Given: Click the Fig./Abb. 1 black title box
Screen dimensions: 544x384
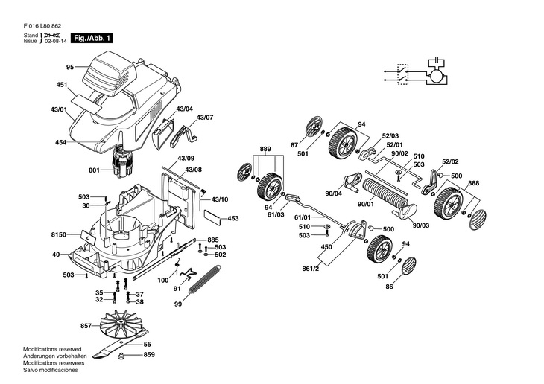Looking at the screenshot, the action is tap(92, 38).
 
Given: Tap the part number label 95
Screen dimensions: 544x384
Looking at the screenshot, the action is tap(70, 67).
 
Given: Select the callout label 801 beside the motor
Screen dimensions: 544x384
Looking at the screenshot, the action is tap(94, 170).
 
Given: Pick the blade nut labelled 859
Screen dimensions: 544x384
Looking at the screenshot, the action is tap(121, 355).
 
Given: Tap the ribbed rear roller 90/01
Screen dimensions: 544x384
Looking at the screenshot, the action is tap(384, 193).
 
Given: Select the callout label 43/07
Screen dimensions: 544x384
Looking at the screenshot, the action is tap(205, 118).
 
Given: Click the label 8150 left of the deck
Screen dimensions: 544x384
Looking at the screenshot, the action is tap(59, 234).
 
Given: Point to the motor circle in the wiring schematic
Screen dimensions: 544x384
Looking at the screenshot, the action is tap(436, 75).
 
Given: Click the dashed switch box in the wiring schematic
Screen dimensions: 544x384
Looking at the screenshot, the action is tap(403, 74).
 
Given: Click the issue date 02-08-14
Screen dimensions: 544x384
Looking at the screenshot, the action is tap(55, 41).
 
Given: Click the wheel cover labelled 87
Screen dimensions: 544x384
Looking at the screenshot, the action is tap(314, 127).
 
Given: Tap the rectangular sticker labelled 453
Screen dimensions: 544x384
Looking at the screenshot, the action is tap(214, 217).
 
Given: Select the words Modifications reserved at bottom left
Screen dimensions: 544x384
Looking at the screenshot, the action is tap(52, 349).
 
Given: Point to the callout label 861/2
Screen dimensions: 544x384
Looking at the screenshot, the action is tap(311, 269).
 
